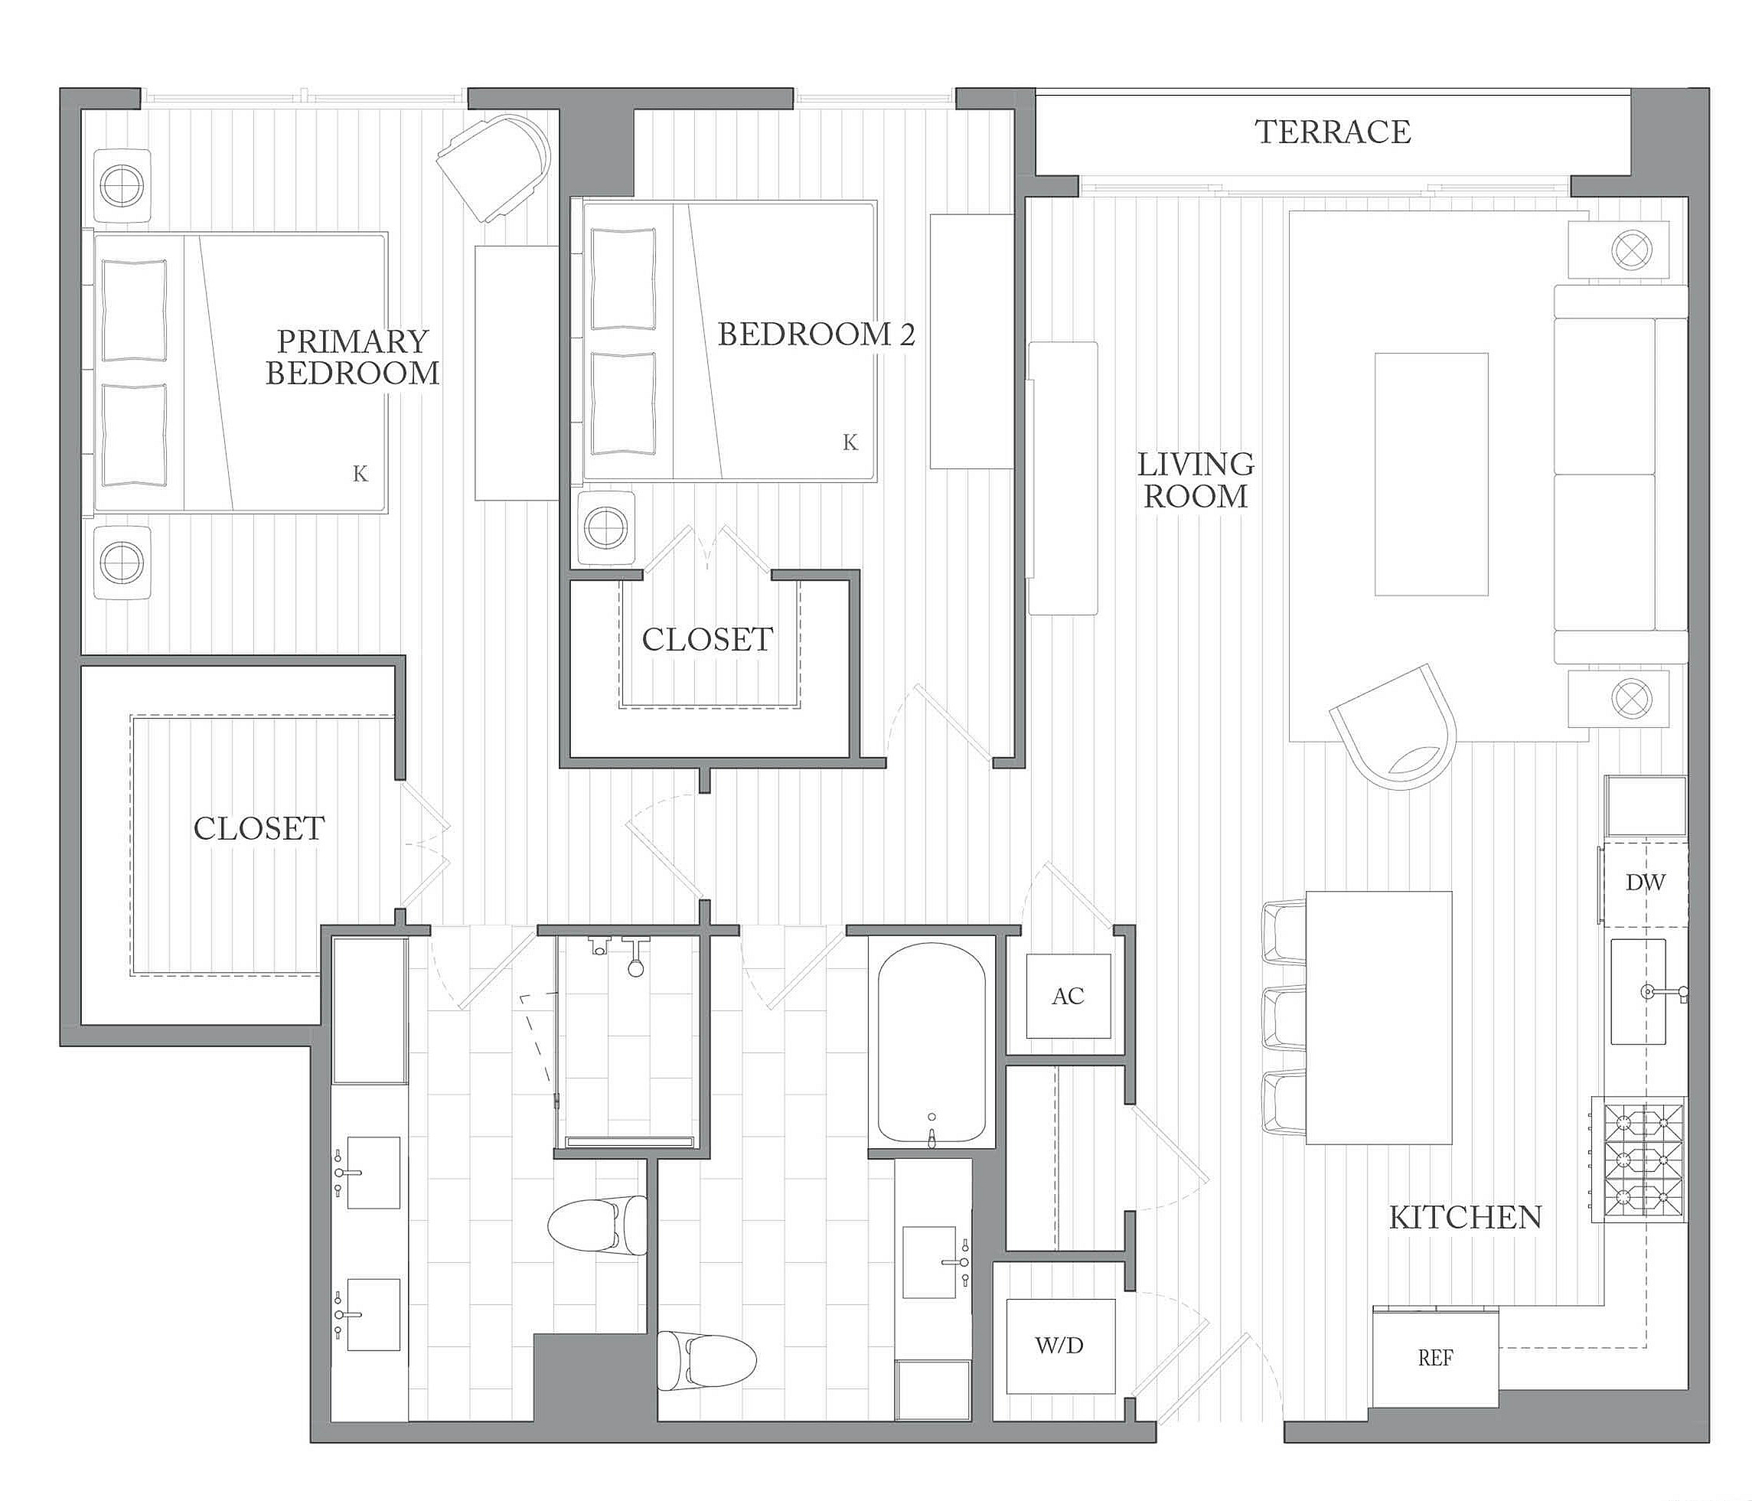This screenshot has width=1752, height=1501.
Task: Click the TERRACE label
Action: (1333, 132)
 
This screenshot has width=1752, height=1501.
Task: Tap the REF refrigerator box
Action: (1435, 1357)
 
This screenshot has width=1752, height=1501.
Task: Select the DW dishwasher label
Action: (1645, 883)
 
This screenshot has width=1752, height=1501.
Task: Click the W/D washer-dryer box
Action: (1059, 1346)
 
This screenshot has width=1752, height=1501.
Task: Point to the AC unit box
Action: (1068, 996)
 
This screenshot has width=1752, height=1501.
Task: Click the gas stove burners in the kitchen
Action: (1639, 1160)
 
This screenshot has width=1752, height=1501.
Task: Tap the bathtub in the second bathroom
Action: (931, 1042)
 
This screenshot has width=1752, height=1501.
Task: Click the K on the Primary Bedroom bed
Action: (361, 474)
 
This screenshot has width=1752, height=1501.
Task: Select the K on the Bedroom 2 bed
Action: (850, 442)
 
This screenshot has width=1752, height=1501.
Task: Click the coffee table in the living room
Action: (1431, 474)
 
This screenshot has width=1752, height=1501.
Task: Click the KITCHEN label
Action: (1465, 1218)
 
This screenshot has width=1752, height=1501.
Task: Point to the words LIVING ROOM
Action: (1195, 479)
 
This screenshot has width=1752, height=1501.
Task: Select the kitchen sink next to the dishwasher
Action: (1638, 992)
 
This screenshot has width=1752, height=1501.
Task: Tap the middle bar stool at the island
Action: (1284, 1018)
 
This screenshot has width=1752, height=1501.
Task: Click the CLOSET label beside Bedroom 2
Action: (707, 639)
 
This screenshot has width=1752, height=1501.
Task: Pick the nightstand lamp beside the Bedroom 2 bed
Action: (605, 528)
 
